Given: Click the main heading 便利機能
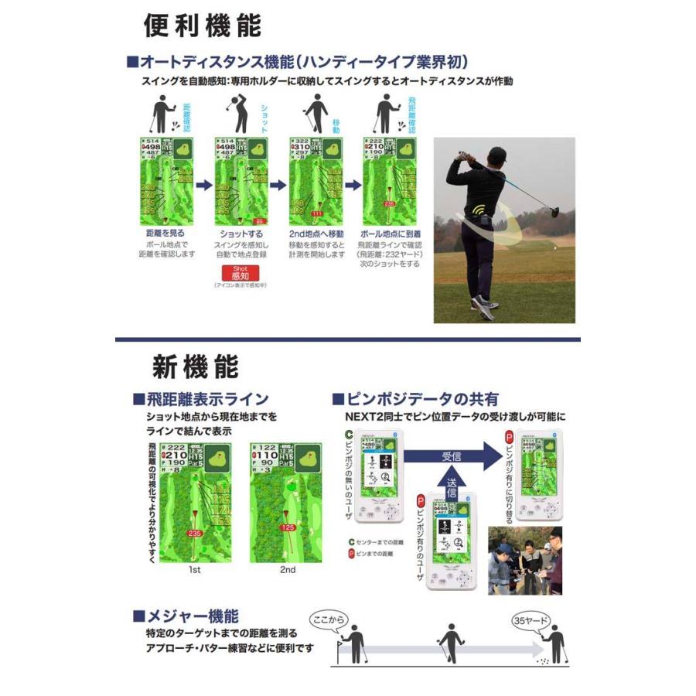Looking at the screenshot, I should coord(203,25).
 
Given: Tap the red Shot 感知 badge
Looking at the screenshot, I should coord(237,273).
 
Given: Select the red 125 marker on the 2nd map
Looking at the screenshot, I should coord(288,527).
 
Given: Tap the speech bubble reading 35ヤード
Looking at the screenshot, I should coord(531,620).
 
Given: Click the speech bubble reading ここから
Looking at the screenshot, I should coord(328,619).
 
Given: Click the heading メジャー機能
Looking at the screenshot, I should coord(191,616).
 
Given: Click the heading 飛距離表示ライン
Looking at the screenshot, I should coord(206,399).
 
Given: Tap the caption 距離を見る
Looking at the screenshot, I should coord(165,232).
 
